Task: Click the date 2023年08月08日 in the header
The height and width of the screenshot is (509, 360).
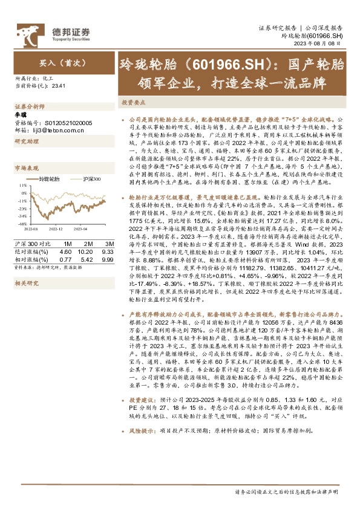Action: (x=325, y=45)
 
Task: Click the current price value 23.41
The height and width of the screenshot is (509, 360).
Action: (x=59, y=86)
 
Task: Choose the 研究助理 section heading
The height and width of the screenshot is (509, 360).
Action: (x=26, y=141)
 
